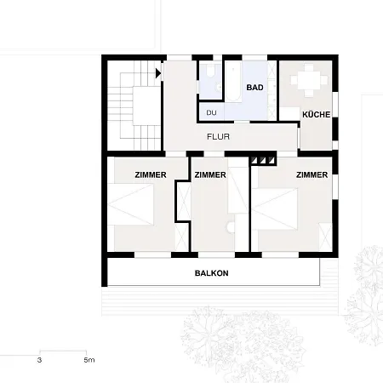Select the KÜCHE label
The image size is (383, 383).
[315, 113]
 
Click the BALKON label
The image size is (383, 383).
[212, 273]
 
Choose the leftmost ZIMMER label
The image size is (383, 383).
[150, 174]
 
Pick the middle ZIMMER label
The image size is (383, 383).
[209, 174]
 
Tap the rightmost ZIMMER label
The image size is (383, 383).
[312, 174]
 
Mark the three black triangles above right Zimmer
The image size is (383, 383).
[263, 158]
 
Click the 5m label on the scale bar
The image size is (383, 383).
[89, 360]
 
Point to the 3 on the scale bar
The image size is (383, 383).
[39, 360]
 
